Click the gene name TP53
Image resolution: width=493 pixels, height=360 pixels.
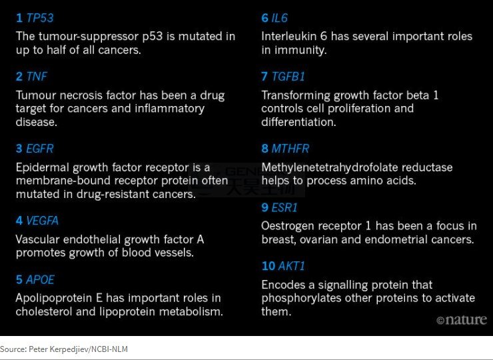[39, 18]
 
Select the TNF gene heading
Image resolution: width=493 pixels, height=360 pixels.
[37, 77]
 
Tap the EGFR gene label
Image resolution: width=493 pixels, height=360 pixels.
[39, 149]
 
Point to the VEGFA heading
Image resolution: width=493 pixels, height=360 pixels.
[42, 221]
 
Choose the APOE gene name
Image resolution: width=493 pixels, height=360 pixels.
[40, 279]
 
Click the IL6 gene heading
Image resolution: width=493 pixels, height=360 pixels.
[280, 18]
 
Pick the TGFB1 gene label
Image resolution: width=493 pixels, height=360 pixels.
[288, 77]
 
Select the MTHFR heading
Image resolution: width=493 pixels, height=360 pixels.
[290, 149]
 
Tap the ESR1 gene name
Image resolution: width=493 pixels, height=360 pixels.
[284, 208]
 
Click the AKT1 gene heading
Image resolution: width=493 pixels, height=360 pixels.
[291, 266]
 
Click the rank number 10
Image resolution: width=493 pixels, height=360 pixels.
[268, 266]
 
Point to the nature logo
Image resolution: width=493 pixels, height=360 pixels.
[462, 320]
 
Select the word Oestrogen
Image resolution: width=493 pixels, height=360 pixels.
[286, 226]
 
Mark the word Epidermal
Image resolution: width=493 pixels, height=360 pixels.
[43, 168]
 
